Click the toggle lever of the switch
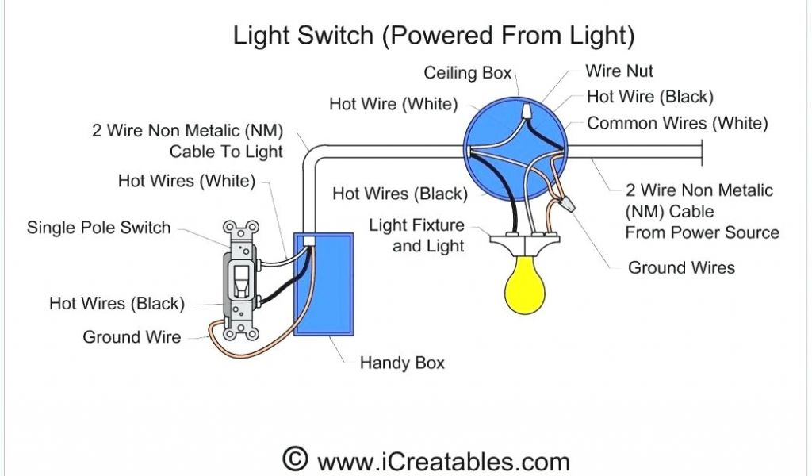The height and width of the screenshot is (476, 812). pyautogui.click(x=239, y=278)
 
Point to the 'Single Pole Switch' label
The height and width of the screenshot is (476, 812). pyautogui.click(x=98, y=228)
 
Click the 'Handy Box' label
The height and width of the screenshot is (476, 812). pyautogui.click(x=402, y=363)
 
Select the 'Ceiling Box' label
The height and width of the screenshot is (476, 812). pyautogui.click(x=467, y=73)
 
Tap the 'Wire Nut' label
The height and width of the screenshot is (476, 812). pyautogui.click(x=619, y=71)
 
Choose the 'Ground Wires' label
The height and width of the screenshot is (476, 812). pyautogui.click(x=681, y=267)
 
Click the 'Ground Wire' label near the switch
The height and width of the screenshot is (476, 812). pyautogui.click(x=132, y=337)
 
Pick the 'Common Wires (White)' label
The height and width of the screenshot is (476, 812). pyautogui.click(x=677, y=123)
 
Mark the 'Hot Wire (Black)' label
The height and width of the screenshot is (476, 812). pyautogui.click(x=649, y=97)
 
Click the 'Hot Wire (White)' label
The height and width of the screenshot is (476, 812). pyautogui.click(x=393, y=104)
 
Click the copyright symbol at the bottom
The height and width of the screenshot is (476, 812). pyautogui.click(x=294, y=459)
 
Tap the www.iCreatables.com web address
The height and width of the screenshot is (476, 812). pyautogui.click(x=443, y=461)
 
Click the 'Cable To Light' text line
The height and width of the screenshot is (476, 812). pyautogui.click(x=226, y=151)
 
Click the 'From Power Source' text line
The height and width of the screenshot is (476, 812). pyautogui.click(x=702, y=232)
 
